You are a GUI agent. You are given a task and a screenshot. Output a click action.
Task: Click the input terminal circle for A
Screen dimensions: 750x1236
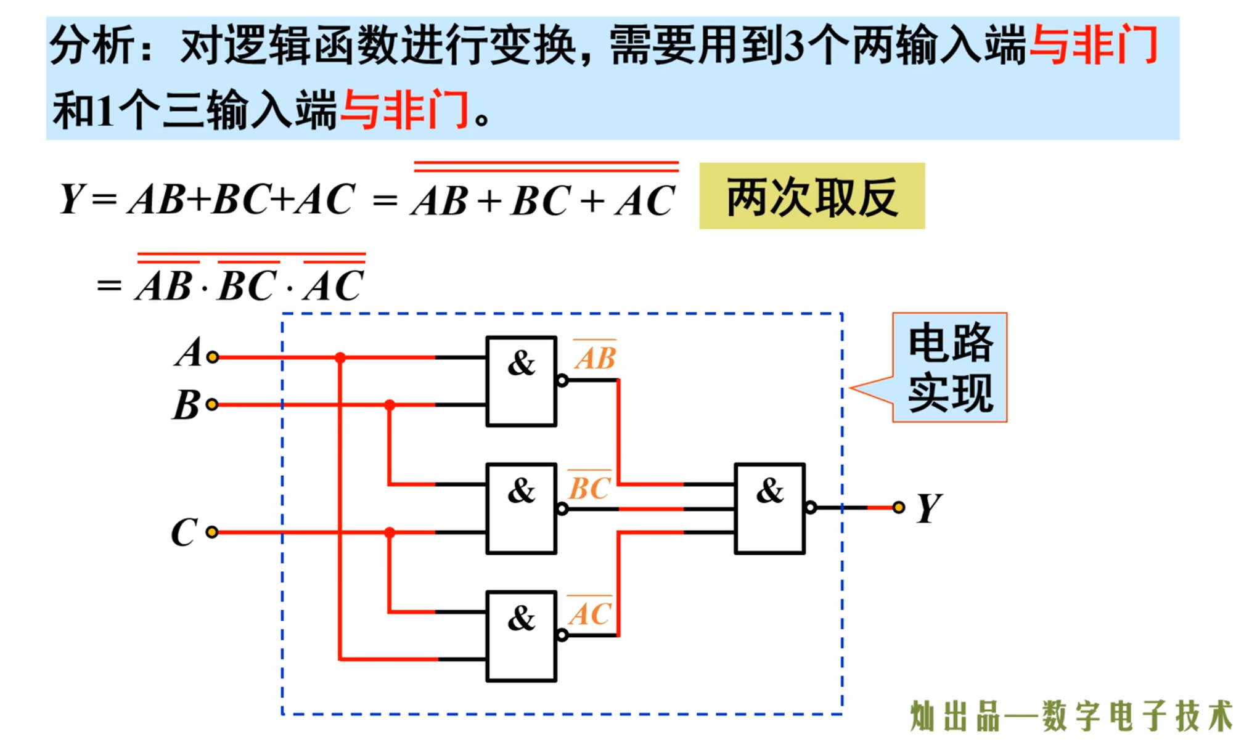[x=213, y=357]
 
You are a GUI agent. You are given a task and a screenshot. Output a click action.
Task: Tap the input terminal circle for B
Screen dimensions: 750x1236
[x=212, y=405]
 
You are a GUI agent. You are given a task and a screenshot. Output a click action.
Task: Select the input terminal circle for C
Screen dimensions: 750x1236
[x=212, y=532]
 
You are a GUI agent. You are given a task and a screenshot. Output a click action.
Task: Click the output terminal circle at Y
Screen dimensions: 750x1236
[x=899, y=507]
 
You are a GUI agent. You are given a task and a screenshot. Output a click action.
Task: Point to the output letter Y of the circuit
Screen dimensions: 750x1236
[x=928, y=508]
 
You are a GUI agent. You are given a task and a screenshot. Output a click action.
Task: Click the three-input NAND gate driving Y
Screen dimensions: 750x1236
[x=769, y=508]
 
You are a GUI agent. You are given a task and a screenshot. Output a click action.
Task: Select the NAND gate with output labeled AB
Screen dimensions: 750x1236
[x=521, y=381]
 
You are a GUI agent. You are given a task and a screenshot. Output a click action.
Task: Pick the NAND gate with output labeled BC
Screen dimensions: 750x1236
[x=521, y=508]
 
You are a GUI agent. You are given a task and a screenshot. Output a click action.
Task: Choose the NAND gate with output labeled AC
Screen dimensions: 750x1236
[x=521, y=636]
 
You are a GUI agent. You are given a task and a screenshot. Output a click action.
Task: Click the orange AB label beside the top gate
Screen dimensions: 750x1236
[x=595, y=357]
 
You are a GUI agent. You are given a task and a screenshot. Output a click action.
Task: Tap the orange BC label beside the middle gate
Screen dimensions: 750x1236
[x=589, y=488]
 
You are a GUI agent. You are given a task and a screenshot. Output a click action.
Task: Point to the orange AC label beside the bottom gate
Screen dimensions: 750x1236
[x=590, y=614]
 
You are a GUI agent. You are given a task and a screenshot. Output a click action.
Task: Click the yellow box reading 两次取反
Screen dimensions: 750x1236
[x=811, y=197]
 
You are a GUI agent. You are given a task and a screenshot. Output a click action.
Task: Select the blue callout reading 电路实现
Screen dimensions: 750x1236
[x=949, y=367]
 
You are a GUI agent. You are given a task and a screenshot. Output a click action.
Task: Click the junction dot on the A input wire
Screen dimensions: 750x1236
[x=340, y=357]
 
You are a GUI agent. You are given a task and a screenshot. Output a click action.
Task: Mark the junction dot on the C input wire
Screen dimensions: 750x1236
[x=390, y=532]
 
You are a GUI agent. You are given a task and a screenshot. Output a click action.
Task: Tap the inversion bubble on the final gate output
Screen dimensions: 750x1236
[x=811, y=508]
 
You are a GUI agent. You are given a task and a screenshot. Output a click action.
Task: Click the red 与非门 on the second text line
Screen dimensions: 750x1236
[x=405, y=110]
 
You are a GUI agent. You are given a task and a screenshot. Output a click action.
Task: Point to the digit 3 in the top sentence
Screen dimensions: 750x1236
[x=795, y=46]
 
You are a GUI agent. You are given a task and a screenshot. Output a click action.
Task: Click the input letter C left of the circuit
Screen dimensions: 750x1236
[x=184, y=532]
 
